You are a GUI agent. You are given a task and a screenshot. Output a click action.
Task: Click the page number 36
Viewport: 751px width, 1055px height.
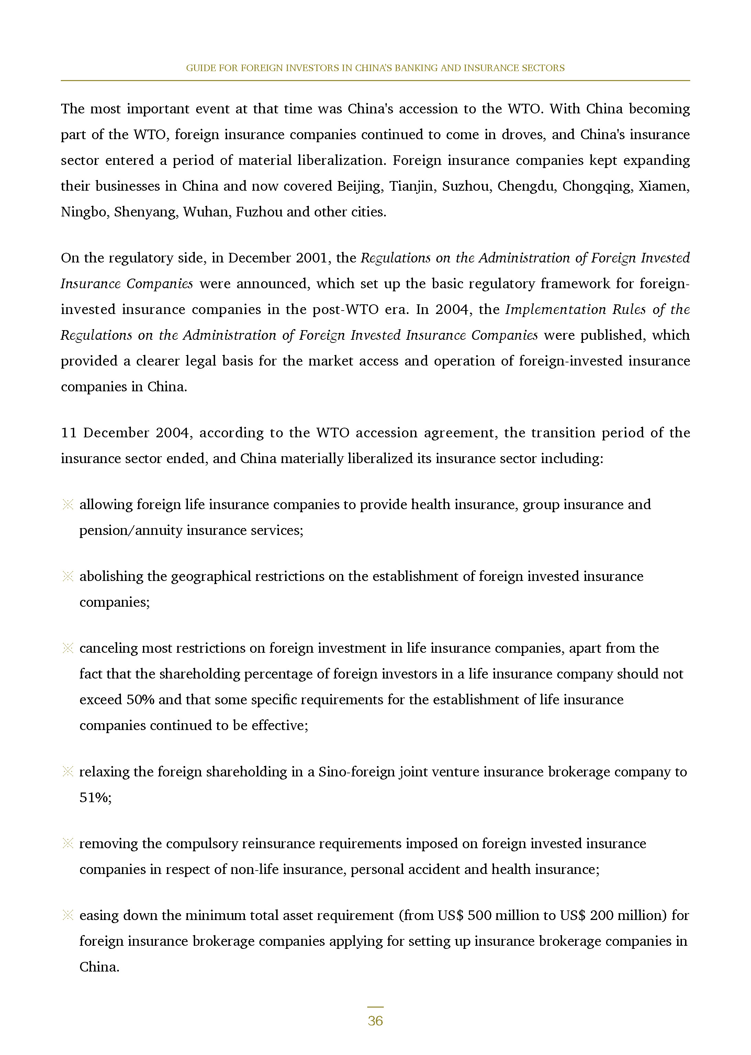[x=375, y=1020]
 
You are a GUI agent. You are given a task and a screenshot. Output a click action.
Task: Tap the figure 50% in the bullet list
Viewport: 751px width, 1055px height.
[x=140, y=699]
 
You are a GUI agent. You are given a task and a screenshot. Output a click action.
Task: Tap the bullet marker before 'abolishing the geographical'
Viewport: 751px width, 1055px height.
[x=68, y=576]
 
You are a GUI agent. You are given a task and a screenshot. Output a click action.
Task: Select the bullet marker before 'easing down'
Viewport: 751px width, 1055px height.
[x=68, y=916]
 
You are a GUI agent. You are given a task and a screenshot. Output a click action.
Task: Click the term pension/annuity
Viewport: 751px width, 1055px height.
[x=131, y=530]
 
